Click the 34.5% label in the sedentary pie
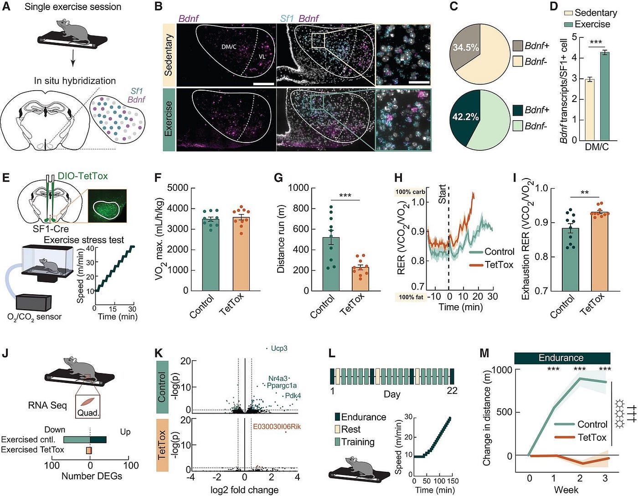tap(466, 47)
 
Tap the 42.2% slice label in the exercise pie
tap(465, 117)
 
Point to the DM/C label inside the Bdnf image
tap(229, 46)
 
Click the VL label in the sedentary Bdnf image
tap(262, 56)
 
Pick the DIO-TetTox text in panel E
tap(82, 176)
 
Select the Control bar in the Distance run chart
tap(331, 264)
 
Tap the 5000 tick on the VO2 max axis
tap(177, 188)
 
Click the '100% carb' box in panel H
tap(410, 192)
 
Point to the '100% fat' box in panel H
tap(411, 297)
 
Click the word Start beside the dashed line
tap(442, 194)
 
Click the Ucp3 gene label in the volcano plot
tap(279, 348)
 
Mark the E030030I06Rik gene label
tap(277, 427)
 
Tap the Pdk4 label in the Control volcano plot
tap(293, 396)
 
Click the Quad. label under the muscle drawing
tap(88, 413)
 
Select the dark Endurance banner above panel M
tap(562, 358)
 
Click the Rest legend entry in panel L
tap(350, 430)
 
